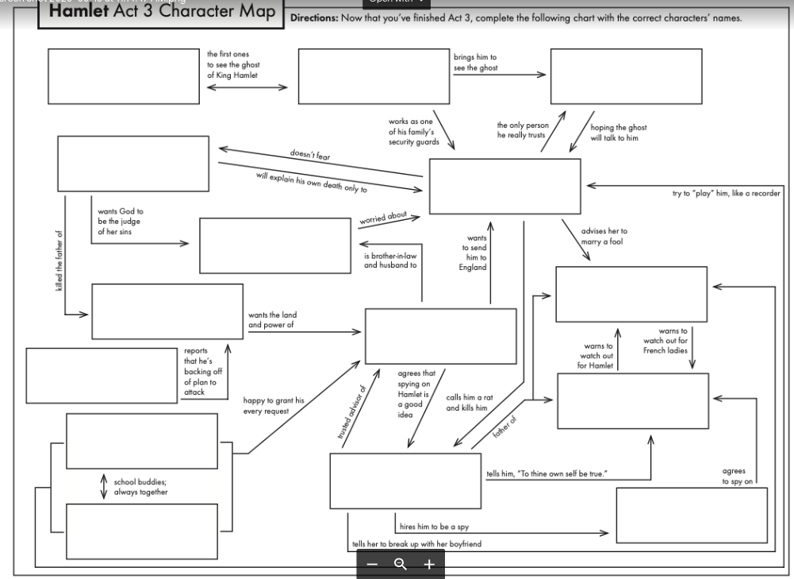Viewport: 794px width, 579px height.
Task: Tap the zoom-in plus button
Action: (x=429, y=564)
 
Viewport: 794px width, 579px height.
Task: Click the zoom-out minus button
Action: (x=373, y=564)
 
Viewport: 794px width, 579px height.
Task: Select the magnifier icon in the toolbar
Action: (x=401, y=564)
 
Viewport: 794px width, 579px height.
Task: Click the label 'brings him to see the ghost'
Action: (x=476, y=63)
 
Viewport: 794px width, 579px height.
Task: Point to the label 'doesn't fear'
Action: (x=310, y=154)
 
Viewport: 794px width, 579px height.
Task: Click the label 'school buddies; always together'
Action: (x=141, y=487)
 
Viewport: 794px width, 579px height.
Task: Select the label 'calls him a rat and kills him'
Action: (x=466, y=402)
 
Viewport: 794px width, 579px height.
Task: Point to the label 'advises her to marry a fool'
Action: (x=604, y=236)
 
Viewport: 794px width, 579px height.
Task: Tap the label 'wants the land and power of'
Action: (x=273, y=320)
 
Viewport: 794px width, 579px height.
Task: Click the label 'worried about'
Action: (x=383, y=216)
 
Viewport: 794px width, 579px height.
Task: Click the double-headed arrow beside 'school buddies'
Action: (x=104, y=487)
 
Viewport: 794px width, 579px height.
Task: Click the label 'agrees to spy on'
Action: (x=734, y=476)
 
